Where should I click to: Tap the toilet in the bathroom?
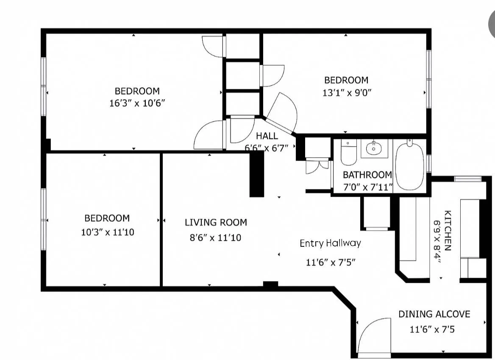(349, 154)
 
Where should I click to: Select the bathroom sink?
(374, 149)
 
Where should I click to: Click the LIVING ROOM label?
(216, 222)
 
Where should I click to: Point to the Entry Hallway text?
(330, 243)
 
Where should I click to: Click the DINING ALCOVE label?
(434, 314)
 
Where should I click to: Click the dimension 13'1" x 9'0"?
(347, 93)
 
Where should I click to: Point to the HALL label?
(267, 136)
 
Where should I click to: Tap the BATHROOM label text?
(367, 175)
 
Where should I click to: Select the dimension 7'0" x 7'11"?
(368, 186)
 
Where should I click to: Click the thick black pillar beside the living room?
(256, 174)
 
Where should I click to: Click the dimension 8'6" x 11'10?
(215, 237)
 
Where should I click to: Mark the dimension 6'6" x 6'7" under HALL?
(266, 148)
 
